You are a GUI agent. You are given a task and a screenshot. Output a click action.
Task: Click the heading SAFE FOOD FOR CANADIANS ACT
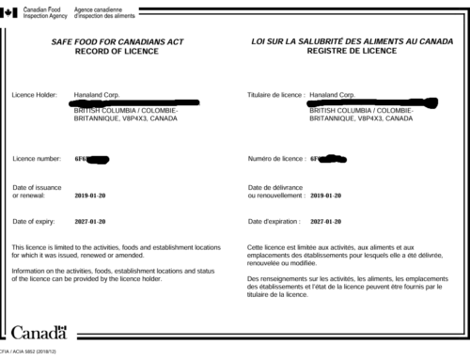[x=117, y=43]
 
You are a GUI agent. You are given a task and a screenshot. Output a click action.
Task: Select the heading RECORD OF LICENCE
[x=117, y=54]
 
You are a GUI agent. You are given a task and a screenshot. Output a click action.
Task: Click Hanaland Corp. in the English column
[x=96, y=95]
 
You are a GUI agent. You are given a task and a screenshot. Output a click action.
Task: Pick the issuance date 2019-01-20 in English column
[x=92, y=196]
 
